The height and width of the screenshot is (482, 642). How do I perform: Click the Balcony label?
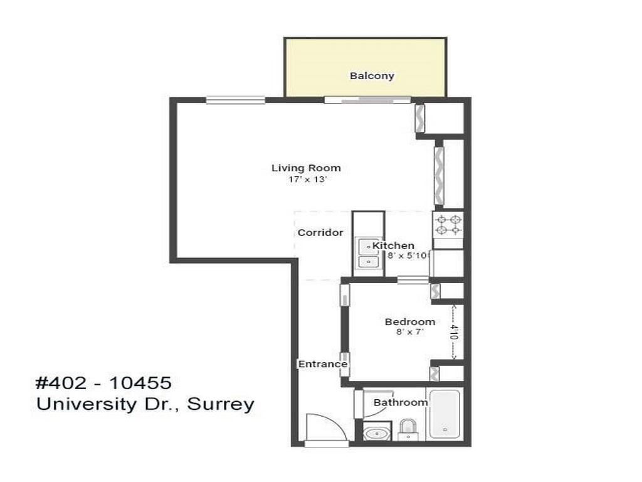[372, 76]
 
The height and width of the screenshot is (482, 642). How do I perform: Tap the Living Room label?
[306, 168]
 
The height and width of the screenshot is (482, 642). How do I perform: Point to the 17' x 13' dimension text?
[306, 179]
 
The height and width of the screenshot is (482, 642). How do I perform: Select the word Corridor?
[320, 232]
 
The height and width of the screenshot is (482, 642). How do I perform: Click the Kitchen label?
[394, 245]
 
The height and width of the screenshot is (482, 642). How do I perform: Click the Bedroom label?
[410, 322]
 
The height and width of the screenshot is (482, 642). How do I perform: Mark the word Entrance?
[322, 364]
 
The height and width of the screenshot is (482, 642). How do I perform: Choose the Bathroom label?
[400, 402]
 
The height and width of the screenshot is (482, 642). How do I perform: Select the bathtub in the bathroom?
[445, 414]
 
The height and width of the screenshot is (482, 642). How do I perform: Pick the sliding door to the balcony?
[367, 99]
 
